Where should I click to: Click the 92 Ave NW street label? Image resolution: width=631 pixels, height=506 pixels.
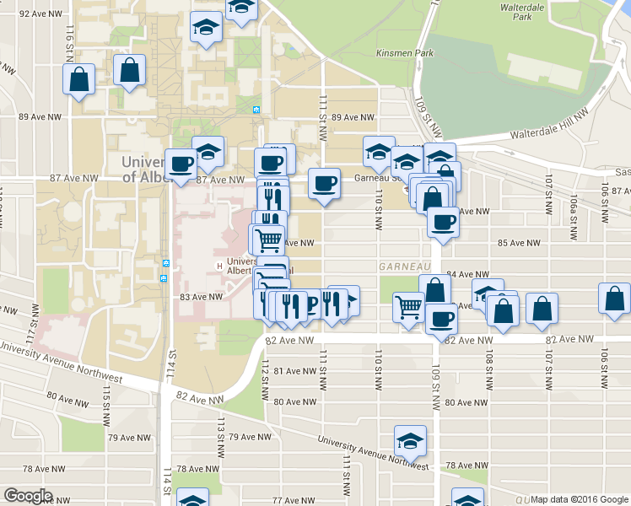coord(40,14)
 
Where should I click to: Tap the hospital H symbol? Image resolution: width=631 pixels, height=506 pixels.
coord(220,266)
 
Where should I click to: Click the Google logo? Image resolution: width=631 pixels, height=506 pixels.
coord(29,496)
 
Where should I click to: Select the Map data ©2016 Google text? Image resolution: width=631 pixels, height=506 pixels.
coord(579,500)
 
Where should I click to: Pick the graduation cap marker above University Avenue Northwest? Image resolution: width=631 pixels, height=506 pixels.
coord(410,441)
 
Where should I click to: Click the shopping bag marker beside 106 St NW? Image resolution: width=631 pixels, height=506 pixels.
coord(614,299)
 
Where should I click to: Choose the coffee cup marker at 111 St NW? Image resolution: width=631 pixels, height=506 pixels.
coord(324,184)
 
